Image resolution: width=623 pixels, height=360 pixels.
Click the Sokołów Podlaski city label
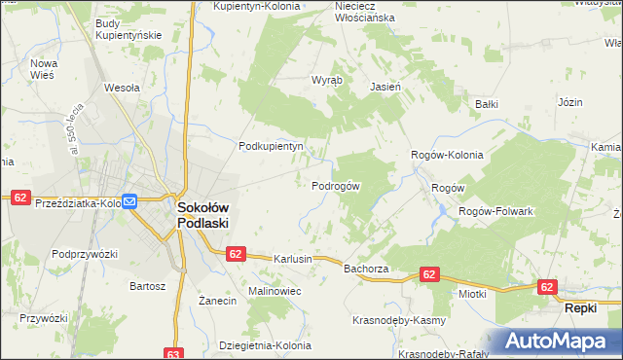click(202, 214)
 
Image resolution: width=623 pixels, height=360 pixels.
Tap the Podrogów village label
click(336, 186)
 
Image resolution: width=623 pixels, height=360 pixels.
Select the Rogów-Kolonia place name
click(447, 154)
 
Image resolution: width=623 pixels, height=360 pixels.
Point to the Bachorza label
click(366, 268)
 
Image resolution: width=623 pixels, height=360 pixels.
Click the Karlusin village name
click(293, 259)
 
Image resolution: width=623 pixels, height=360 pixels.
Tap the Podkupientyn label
click(272, 146)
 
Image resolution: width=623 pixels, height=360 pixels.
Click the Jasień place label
click(385, 86)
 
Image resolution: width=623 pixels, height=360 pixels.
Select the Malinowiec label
click(275, 291)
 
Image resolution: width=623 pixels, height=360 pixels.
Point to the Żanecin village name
click(218, 302)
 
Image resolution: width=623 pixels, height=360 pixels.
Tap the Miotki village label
click(471, 293)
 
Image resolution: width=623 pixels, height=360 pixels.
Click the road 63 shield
click(174, 353)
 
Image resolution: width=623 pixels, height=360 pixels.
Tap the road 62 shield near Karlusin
click(235, 253)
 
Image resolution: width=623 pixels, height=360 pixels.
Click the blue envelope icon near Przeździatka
click(128, 201)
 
